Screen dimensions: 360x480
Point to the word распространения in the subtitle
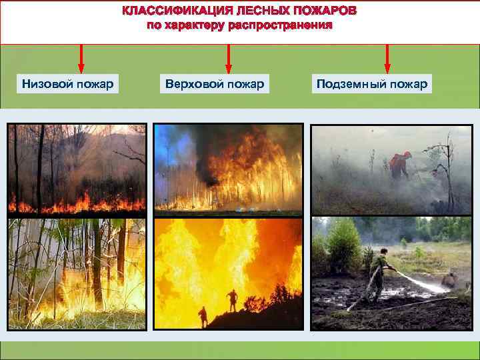[x=280, y=27]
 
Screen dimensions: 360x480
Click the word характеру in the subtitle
[x=195, y=27]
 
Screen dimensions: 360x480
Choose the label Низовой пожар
[x=67, y=84]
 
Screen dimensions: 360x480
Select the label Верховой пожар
[x=214, y=84]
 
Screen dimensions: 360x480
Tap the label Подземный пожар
[x=372, y=84]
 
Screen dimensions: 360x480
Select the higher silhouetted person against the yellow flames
[x=232, y=300]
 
